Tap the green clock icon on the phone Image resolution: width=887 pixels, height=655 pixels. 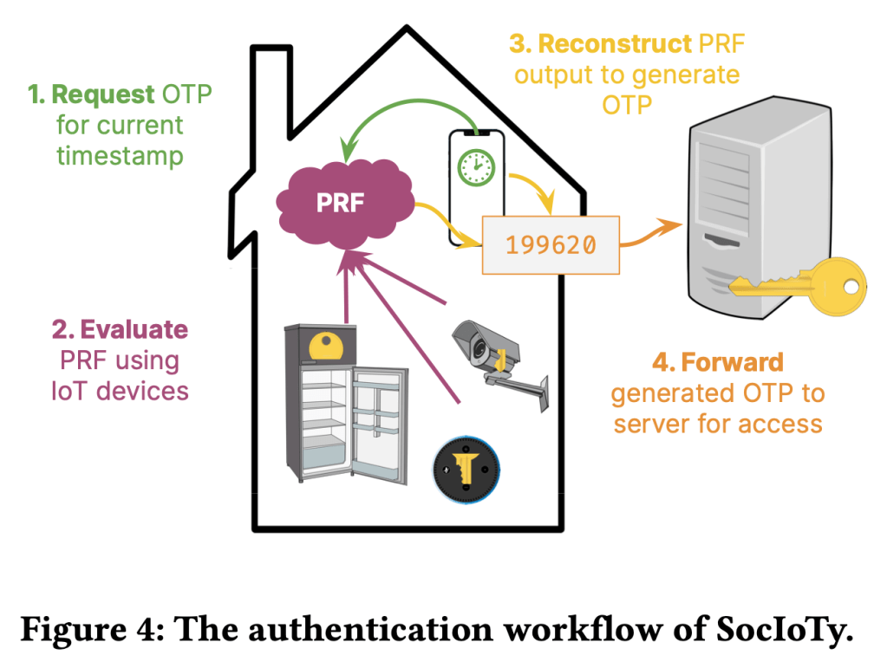pos(474,165)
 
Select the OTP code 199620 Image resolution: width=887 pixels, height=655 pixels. pos(551,245)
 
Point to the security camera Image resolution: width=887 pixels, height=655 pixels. pos(493,351)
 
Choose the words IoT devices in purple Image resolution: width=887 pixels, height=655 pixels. pos(120,391)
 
